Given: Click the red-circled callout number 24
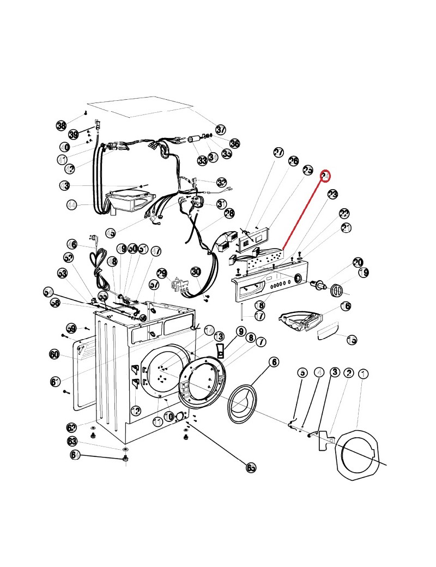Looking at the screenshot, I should pos(325,176).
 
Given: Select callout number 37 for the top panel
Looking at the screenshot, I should pos(220,130).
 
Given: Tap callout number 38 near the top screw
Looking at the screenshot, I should pos(61,125).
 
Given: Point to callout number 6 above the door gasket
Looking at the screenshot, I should pos(273,361).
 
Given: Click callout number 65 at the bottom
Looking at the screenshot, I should pos(251,467).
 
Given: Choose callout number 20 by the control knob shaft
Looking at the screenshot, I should pos(358,263).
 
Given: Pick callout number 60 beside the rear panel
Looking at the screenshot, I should pos(54,354).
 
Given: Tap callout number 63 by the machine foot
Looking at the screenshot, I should pos(72,441).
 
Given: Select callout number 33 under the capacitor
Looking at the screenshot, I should pos(202,160).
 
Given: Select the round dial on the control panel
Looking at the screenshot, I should pos(298,279).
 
